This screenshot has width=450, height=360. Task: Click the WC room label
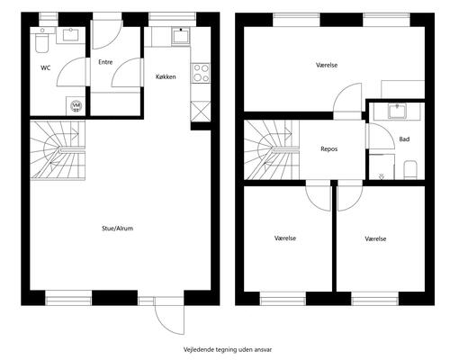(46, 68)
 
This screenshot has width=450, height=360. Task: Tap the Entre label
(105, 62)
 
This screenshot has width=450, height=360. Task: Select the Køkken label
(166, 76)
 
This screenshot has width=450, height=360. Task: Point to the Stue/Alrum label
(117, 229)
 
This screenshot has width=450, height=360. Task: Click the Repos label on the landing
(329, 148)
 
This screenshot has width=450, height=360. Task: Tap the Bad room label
(404, 139)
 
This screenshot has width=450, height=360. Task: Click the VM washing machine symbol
(76, 105)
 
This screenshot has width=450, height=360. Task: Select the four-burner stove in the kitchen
(201, 73)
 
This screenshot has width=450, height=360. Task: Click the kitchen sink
(181, 36)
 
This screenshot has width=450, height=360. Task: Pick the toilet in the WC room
(41, 43)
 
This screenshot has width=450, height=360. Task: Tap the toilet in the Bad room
(410, 170)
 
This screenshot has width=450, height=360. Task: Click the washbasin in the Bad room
(397, 111)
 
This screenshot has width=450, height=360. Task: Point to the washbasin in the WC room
(71, 35)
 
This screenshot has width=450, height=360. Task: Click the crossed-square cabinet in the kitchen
(201, 111)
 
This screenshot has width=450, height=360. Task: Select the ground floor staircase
(58, 150)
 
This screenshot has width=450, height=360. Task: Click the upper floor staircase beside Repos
(272, 150)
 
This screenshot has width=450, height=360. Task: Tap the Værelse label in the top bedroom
(327, 65)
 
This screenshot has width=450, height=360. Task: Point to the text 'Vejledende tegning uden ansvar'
(228, 349)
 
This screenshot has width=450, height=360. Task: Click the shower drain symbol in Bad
(382, 177)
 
